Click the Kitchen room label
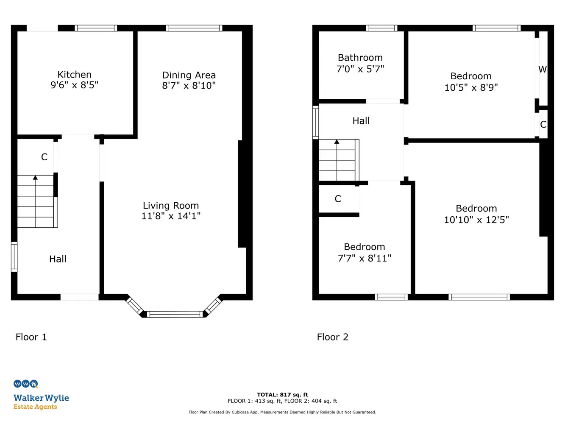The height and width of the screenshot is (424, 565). click(x=75, y=75)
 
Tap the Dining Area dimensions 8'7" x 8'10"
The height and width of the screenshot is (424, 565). click(x=189, y=86)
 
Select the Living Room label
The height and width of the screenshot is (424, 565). click(x=171, y=206)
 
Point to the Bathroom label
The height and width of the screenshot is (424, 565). click(x=360, y=57)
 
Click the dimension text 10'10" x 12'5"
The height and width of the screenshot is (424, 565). click(x=476, y=220)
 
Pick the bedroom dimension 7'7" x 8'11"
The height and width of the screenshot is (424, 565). click(x=365, y=258)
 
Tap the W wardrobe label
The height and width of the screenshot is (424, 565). click(x=543, y=69)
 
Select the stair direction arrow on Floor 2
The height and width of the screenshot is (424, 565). click(x=337, y=160)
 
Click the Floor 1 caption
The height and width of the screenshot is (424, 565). click(x=31, y=337)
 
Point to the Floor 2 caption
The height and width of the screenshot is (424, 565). click(x=333, y=337)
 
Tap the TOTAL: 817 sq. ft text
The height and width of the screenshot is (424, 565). click(x=282, y=395)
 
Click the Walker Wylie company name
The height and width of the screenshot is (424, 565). click(x=41, y=398)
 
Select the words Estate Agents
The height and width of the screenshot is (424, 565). click(x=35, y=407)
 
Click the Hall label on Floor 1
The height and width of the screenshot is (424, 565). click(x=58, y=259)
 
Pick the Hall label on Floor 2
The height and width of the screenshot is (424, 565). click(x=361, y=121)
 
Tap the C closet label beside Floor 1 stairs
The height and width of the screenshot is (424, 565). click(x=44, y=157)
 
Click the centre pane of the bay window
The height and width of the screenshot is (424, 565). click(x=175, y=314)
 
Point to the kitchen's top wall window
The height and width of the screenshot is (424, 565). click(x=96, y=28)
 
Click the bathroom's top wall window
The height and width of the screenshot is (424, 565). click(x=382, y=28)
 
